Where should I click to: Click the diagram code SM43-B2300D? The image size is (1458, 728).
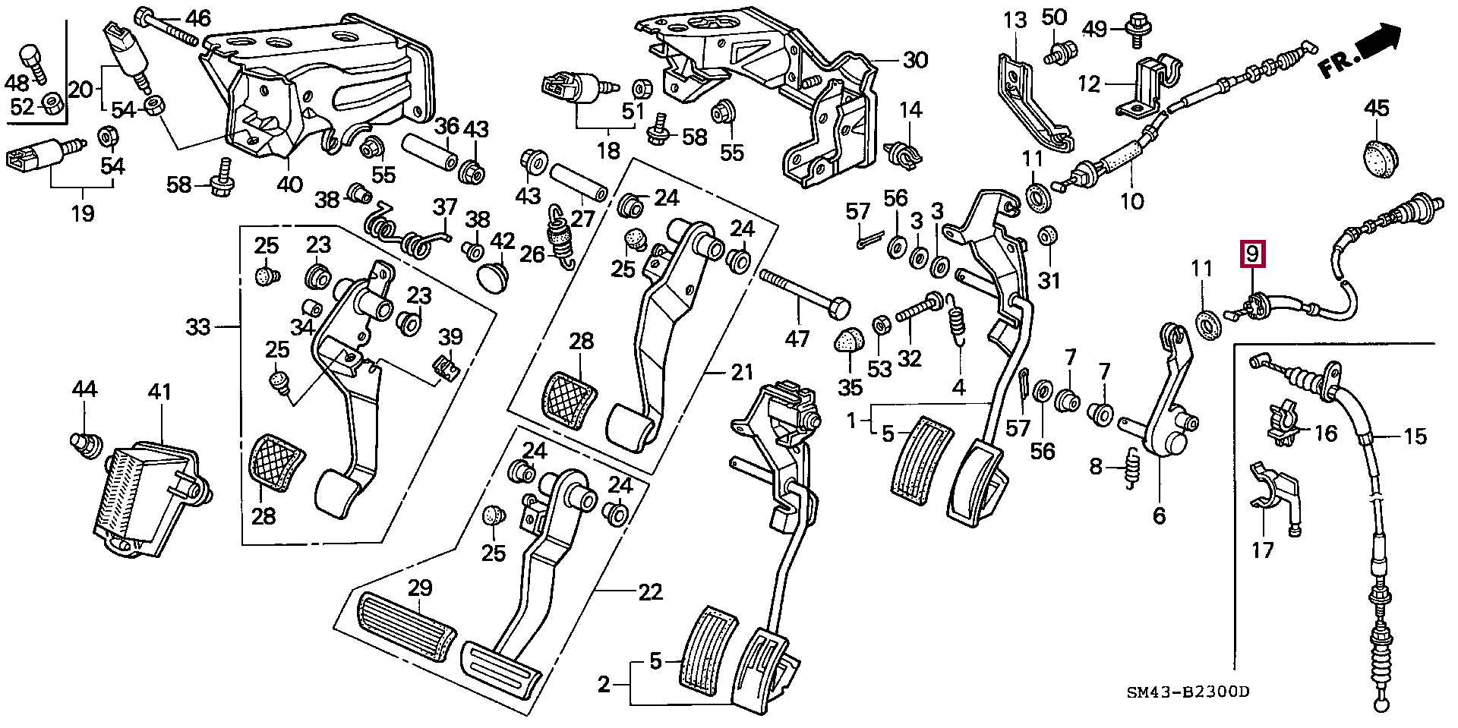tap(1188, 692)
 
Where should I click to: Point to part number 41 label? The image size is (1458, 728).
tap(159, 392)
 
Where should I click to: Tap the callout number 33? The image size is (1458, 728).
tap(199, 328)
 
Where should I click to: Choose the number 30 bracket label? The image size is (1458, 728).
tap(915, 59)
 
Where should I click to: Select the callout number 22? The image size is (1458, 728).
tap(651, 592)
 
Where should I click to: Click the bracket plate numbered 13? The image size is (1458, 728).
tap(1025, 99)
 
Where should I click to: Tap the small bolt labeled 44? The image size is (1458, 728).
tap(86, 443)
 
